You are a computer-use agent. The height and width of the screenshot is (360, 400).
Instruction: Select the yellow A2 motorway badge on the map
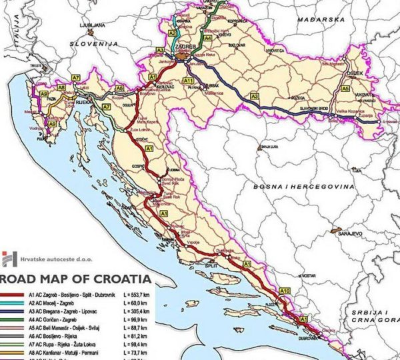(x=172, y=33)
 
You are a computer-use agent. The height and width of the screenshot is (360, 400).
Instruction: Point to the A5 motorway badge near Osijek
(x=345, y=88)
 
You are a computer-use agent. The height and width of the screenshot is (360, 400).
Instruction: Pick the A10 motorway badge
(x=285, y=291)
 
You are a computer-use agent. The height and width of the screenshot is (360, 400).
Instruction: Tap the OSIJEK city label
(x=354, y=74)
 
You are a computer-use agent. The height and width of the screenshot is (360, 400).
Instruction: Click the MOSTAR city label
(x=306, y=275)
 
